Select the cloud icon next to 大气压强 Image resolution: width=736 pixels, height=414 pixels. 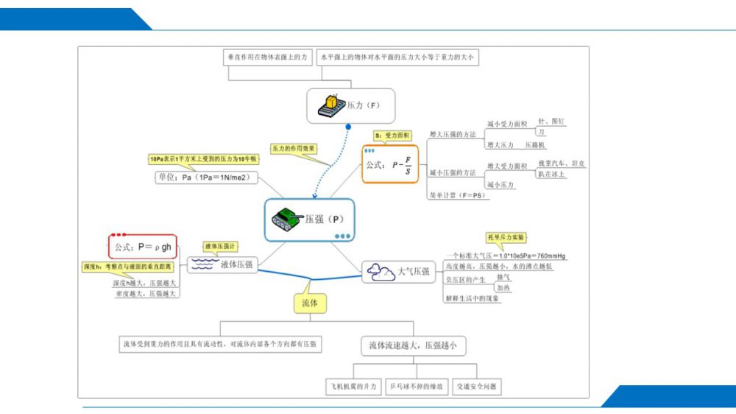coord(380,272)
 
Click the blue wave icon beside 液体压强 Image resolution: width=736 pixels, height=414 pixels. coord(202,264)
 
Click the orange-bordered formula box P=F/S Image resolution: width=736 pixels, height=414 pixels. coord(390,164)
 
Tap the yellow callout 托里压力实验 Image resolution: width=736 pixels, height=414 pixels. coord(506,238)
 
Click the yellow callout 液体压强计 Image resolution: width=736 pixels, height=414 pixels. coord(222,246)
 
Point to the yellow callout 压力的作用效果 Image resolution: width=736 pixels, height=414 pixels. coord(294,148)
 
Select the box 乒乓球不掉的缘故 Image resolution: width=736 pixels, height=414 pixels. coord(417,386)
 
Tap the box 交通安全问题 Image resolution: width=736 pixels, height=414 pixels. coord(476,386)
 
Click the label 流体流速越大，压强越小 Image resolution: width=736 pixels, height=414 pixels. coord(416,345)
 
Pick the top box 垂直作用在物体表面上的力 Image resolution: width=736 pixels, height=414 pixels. coord(267,57)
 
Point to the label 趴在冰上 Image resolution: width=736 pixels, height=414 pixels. coord(553,174)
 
